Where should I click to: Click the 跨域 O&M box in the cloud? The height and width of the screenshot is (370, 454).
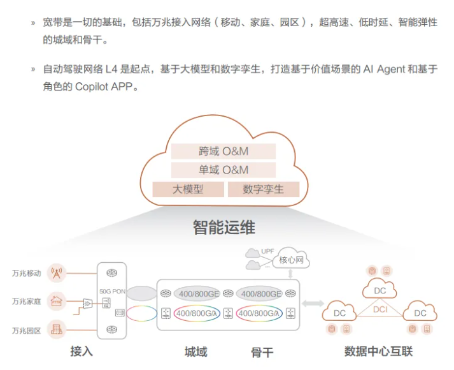click(223, 151)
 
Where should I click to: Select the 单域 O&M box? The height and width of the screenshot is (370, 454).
click(223, 170)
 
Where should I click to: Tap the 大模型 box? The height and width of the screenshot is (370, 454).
click(188, 189)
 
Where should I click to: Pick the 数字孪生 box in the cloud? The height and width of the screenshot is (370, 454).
click(264, 189)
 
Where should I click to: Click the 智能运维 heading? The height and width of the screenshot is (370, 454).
click(224, 227)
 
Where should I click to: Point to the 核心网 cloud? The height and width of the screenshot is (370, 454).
click(291, 259)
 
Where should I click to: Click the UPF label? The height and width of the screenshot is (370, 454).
click(267, 251)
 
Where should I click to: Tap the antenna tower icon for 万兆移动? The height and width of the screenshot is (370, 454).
click(57, 273)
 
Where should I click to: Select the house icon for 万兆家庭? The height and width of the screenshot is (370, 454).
click(57, 301)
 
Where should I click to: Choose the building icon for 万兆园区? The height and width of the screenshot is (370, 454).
click(57, 329)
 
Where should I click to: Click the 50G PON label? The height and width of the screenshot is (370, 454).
click(112, 291)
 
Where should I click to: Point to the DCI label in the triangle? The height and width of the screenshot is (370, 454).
click(380, 309)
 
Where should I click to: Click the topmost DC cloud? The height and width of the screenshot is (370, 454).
click(380, 289)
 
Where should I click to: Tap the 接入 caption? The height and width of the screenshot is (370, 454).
click(82, 352)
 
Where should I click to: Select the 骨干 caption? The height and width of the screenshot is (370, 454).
click(262, 352)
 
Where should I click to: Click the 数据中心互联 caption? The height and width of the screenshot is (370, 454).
click(378, 351)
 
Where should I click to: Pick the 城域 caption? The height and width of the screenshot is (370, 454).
click(196, 352)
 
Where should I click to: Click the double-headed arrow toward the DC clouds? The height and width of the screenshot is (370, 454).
click(313, 304)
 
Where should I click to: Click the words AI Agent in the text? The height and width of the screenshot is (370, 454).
click(384, 69)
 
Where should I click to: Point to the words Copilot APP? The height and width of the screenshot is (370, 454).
click(104, 86)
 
